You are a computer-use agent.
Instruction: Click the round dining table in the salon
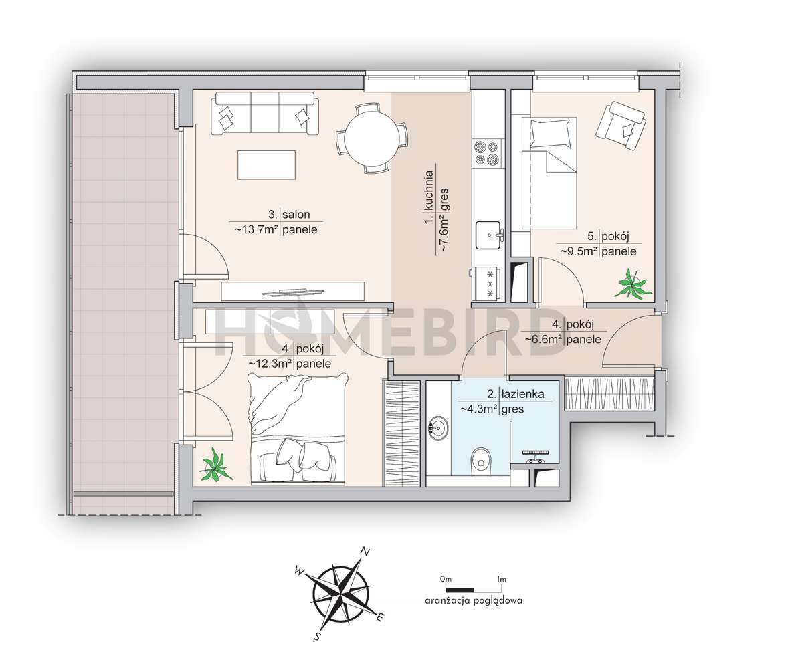[373, 138]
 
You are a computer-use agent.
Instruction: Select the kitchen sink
[488, 235]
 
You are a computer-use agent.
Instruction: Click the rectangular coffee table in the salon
[267, 165]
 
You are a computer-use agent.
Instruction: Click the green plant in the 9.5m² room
[633, 285]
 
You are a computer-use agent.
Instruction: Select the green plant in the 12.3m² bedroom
[215, 465]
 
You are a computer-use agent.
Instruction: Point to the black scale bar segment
[460, 590]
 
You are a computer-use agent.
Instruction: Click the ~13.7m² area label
[257, 230]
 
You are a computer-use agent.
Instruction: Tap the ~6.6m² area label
[544, 339]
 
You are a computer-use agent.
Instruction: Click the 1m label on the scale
[501, 579]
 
